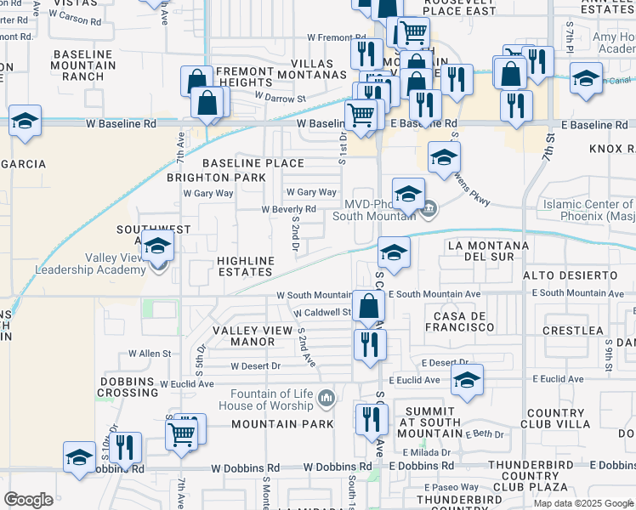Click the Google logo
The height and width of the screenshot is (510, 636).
coord(28,500)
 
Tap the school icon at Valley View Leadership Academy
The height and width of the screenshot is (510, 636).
coord(157,247)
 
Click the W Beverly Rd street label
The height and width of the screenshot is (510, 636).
coord(288,209)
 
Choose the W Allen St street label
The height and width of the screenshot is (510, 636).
coord(150,353)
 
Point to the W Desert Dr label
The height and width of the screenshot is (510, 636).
coord(256,367)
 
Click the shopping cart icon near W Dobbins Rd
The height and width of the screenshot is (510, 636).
coord(182,435)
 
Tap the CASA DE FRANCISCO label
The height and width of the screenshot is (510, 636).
coord(463,321)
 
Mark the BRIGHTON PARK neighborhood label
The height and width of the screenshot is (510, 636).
coord(215,178)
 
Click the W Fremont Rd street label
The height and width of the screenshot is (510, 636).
coord(335,38)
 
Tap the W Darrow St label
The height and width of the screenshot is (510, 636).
coord(281,98)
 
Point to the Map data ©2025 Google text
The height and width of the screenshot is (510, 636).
coord(583,503)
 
